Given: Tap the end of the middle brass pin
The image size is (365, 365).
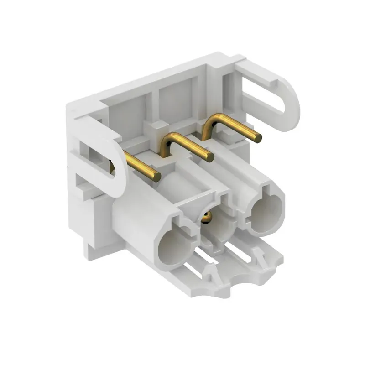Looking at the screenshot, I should (x=209, y=157).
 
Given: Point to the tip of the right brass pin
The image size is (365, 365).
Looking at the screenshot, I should (x=258, y=136).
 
